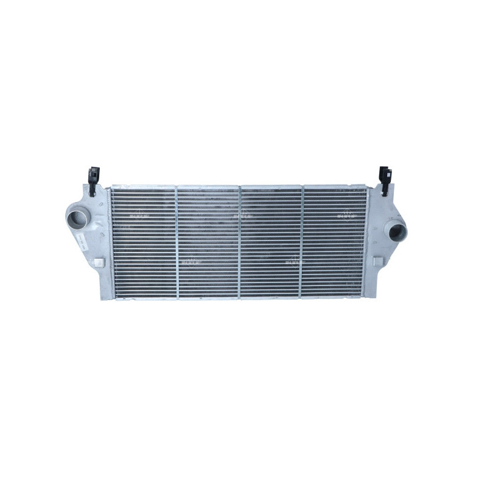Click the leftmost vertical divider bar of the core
[177, 242]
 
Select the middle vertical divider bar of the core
[240, 242]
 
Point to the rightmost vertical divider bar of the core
[303, 242]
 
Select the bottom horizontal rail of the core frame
[237, 299]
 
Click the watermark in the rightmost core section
[345, 215]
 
